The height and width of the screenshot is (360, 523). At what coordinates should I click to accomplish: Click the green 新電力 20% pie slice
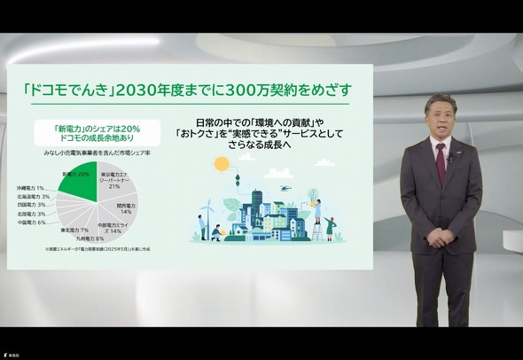click(78, 176)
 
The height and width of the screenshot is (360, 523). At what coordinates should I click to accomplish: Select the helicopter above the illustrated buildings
click(284, 187)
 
